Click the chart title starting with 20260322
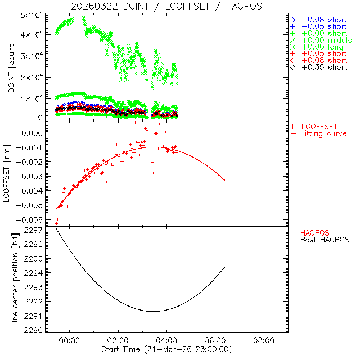[x=166, y=6]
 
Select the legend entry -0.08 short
[x=324, y=19]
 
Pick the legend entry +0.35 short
[x=324, y=67]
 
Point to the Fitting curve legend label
[x=323, y=133]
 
